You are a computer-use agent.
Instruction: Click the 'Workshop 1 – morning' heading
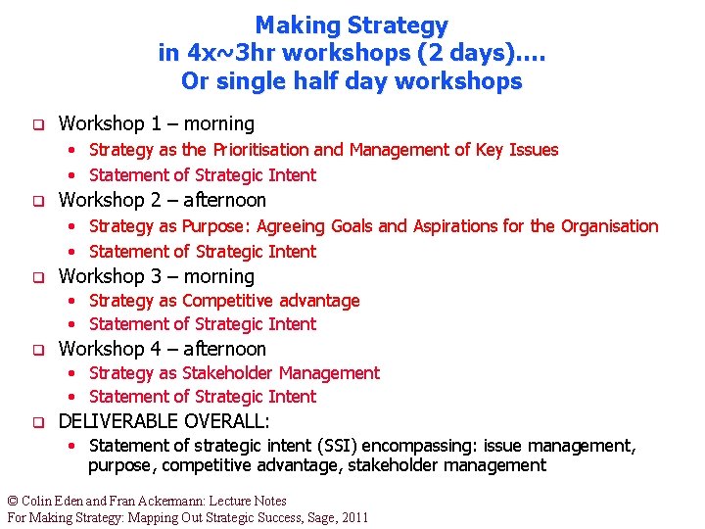coord(157,123)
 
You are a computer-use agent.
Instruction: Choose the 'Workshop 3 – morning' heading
coord(157,276)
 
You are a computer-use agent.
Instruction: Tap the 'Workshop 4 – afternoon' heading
coord(163,349)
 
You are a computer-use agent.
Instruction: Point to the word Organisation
coord(609,226)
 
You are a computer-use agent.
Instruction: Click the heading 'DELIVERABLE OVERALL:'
coord(164,421)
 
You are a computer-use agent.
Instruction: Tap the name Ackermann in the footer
coord(182,501)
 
